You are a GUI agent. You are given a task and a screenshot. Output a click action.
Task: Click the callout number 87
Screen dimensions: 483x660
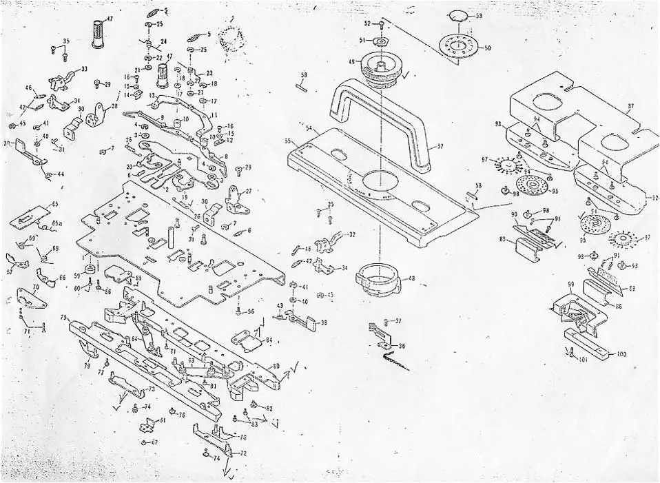[x=630, y=107]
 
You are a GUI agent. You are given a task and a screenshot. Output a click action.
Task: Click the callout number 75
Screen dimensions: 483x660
[x=63, y=318]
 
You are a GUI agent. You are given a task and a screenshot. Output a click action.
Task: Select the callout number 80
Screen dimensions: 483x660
[x=276, y=366]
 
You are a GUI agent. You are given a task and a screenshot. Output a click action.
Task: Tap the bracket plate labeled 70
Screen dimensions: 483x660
[x=32, y=298]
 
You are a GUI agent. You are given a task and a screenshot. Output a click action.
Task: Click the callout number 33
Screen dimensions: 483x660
[x=84, y=69]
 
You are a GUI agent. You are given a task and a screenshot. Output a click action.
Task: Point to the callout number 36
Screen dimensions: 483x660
[x=402, y=346]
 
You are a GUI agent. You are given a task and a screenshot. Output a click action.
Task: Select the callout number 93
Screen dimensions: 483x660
[x=497, y=123]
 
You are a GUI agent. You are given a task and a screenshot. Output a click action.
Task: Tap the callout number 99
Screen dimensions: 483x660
[x=570, y=284]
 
